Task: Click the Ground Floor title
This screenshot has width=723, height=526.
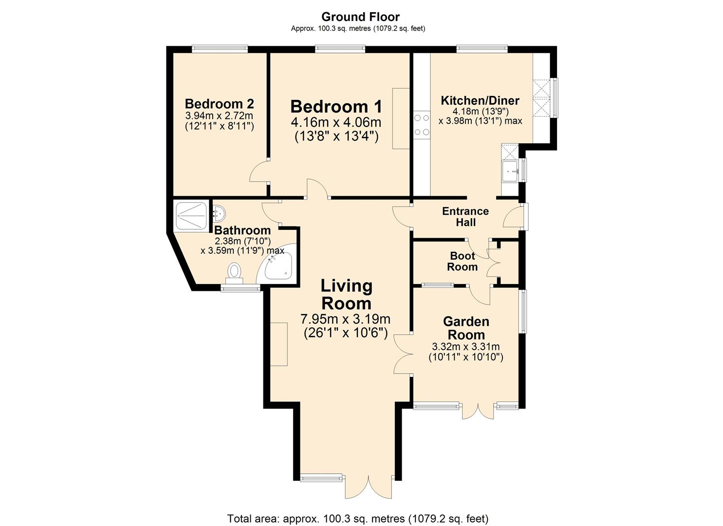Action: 360,17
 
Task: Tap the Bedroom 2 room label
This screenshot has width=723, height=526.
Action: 219,104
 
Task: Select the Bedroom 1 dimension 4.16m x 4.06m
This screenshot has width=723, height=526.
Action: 336,122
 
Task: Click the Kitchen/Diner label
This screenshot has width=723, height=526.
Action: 480,101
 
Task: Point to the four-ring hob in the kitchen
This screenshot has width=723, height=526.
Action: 421,125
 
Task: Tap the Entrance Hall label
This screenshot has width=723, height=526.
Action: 465,217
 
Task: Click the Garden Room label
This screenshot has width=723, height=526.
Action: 466,328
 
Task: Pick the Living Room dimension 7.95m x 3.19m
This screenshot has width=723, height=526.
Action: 345,319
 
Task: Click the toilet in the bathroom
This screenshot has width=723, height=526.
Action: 235,272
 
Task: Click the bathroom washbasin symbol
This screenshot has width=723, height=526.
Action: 219,211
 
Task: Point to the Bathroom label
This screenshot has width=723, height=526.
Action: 242,230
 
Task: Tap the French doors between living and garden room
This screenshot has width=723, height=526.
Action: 403,355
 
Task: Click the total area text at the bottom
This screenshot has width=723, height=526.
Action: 357,518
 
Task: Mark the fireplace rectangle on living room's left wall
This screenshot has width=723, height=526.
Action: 279,344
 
